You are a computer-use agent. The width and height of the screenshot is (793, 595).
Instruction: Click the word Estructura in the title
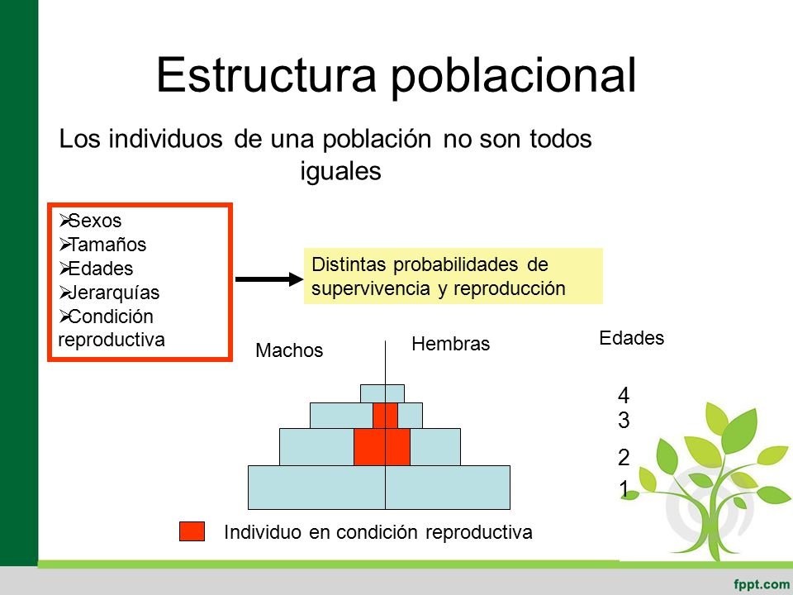click(x=266, y=75)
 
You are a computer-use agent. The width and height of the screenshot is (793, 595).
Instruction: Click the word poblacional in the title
click(x=513, y=77)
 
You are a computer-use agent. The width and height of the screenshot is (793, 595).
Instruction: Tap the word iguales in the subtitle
click(x=340, y=171)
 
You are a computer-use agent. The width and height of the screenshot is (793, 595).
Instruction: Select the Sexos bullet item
click(x=94, y=221)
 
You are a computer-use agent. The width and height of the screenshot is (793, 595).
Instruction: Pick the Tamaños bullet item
click(x=107, y=245)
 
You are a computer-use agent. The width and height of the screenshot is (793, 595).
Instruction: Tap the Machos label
click(x=289, y=350)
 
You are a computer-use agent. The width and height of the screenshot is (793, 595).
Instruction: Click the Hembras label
click(x=450, y=344)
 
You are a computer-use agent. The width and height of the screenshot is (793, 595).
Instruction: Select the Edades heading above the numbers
click(x=631, y=338)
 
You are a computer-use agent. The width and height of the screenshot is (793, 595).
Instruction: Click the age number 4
click(x=624, y=395)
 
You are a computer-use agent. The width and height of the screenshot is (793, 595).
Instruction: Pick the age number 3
click(x=624, y=421)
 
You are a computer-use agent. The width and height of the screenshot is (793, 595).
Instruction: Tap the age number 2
click(x=624, y=457)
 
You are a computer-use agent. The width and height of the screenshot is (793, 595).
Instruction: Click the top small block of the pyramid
click(x=382, y=393)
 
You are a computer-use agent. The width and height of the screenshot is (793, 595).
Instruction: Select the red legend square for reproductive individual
click(x=192, y=532)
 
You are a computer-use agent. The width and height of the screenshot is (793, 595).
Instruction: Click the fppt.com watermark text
click(x=760, y=582)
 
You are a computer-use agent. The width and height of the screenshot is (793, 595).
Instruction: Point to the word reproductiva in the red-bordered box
click(x=112, y=340)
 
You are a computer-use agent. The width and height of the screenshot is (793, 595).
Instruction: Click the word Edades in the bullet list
click(x=100, y=269)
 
